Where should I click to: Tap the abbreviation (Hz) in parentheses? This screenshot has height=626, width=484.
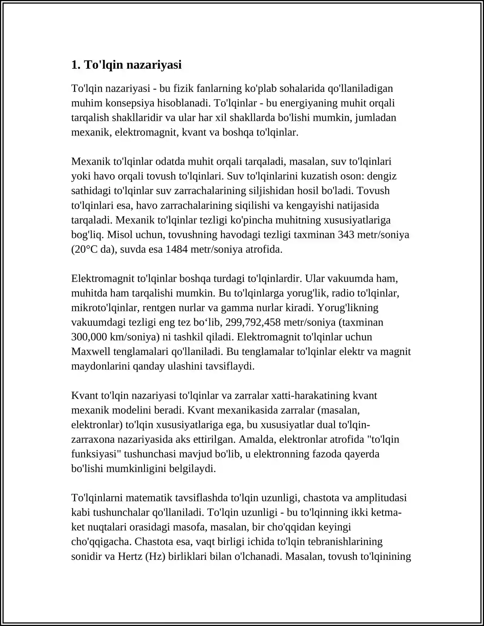(x=155, y=556)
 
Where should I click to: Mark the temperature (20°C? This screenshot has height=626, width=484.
(x=88, y=249)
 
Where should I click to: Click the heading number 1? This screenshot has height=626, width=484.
(x=76, y=65)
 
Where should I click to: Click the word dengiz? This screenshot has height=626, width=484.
(x=382, y=176)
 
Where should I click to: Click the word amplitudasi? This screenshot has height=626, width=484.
(x=381, y=498)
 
